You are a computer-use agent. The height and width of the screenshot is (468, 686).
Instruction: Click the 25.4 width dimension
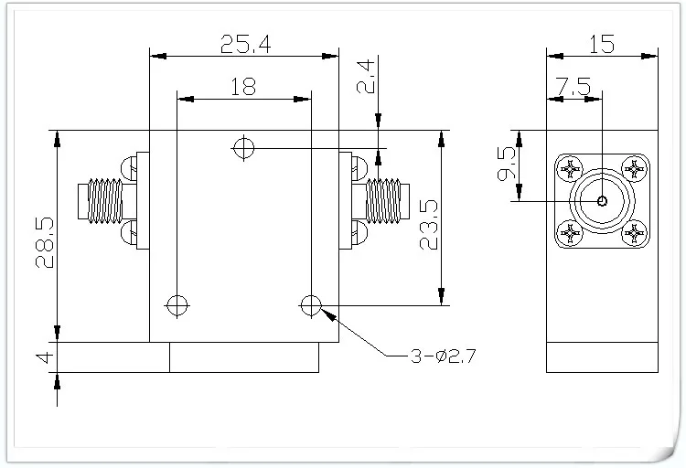[x=245, y=44]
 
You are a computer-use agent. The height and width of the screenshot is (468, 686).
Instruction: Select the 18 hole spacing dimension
[x=243, y=87]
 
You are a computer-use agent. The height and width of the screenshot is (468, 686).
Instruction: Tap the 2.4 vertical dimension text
[x=366, y=77]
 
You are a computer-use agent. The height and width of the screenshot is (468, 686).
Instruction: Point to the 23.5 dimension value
[x=429, y=224]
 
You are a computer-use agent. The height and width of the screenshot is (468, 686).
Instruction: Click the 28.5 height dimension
[x=45, y=242]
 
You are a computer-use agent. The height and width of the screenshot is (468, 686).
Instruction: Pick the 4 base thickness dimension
[x=45, y=357]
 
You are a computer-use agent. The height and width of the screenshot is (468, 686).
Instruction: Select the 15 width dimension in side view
[x=602, y=44]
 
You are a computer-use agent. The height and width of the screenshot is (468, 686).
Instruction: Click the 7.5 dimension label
[x=573, y=87]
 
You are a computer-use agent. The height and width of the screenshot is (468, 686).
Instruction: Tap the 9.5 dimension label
[x=507, y=164]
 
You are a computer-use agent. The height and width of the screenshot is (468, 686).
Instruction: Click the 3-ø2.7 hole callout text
[x=443, y=356]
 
